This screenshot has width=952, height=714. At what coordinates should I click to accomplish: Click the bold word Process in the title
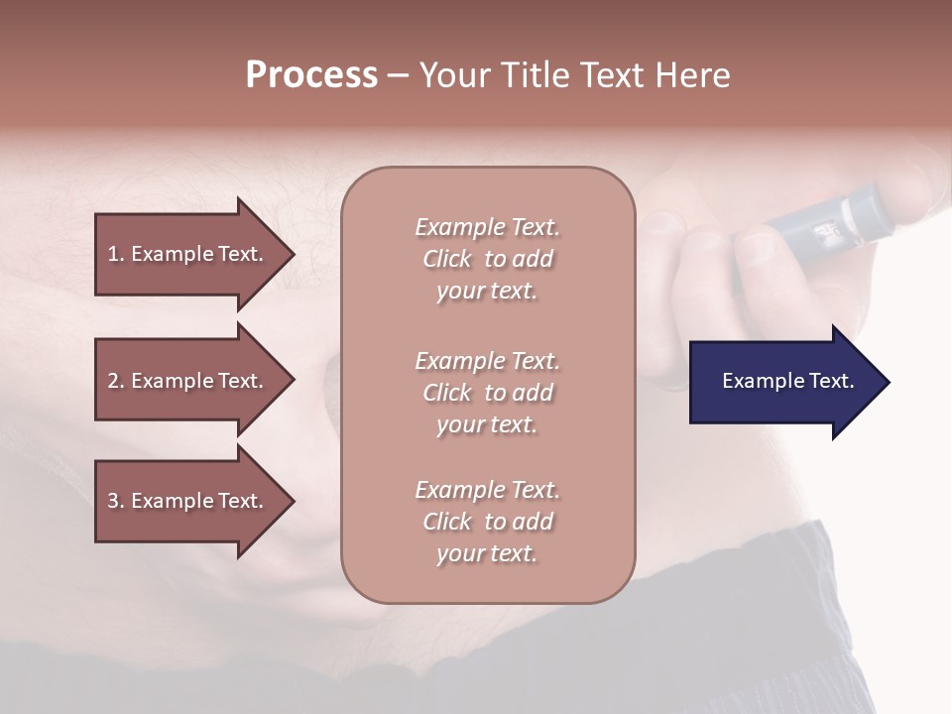311,75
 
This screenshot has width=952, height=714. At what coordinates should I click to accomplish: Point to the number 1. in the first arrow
116,254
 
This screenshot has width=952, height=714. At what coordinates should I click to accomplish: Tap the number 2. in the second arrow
116,381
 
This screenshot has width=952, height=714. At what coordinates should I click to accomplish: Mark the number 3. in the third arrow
116,501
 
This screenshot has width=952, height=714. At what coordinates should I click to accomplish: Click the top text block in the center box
487,259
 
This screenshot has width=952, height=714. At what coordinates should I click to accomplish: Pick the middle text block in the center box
487,393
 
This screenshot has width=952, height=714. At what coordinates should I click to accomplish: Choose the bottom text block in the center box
487,522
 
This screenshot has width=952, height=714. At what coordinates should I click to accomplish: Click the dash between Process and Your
397,76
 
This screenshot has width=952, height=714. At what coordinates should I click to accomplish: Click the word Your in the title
454,75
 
